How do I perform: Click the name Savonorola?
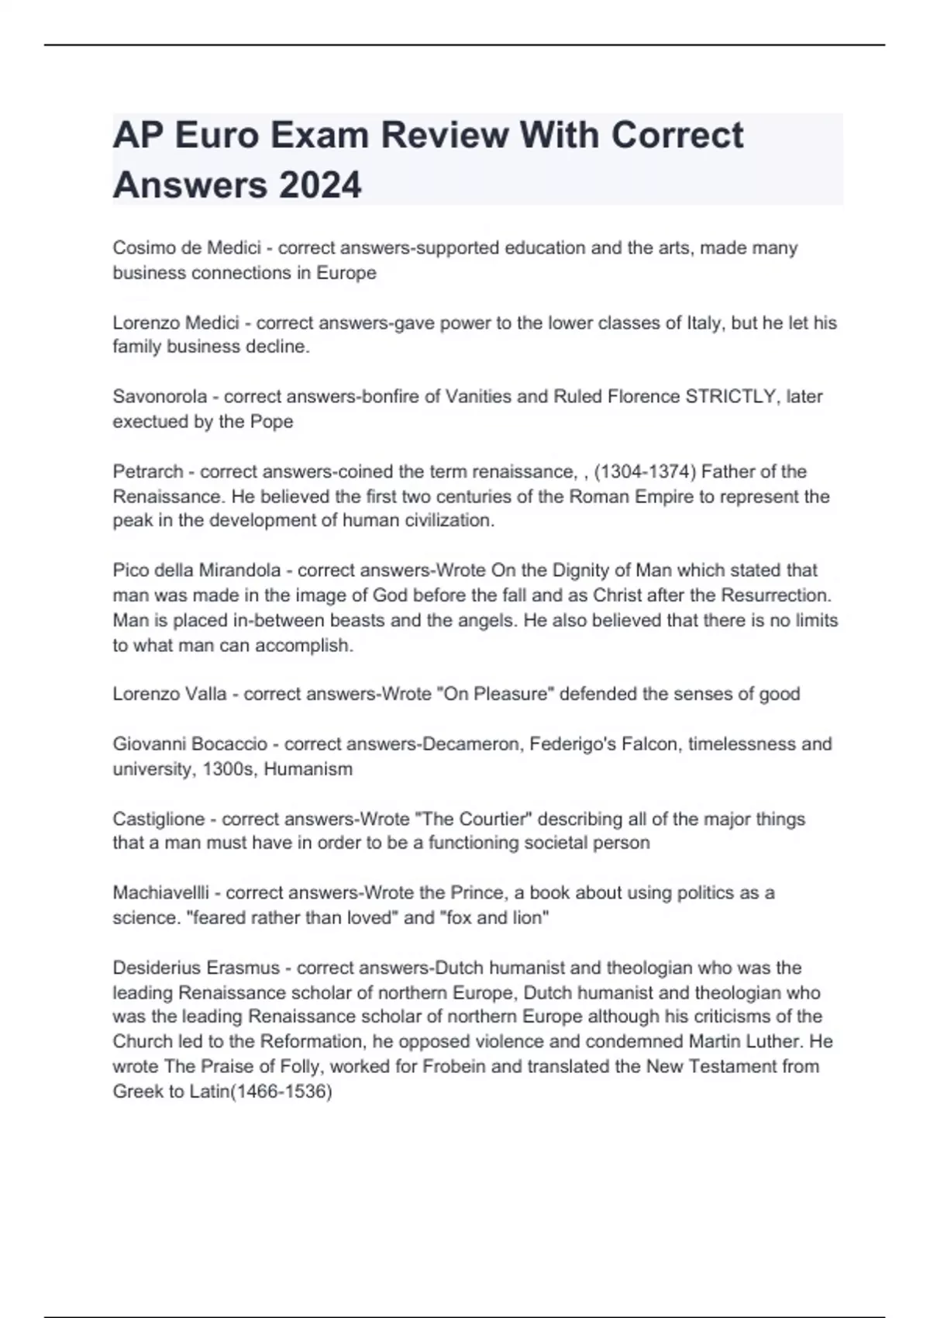click(160, 397)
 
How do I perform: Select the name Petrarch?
click(146, 471)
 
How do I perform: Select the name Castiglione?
click(159, 819)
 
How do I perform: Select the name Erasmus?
click(245, 968)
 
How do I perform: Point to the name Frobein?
click(453, 1067)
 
